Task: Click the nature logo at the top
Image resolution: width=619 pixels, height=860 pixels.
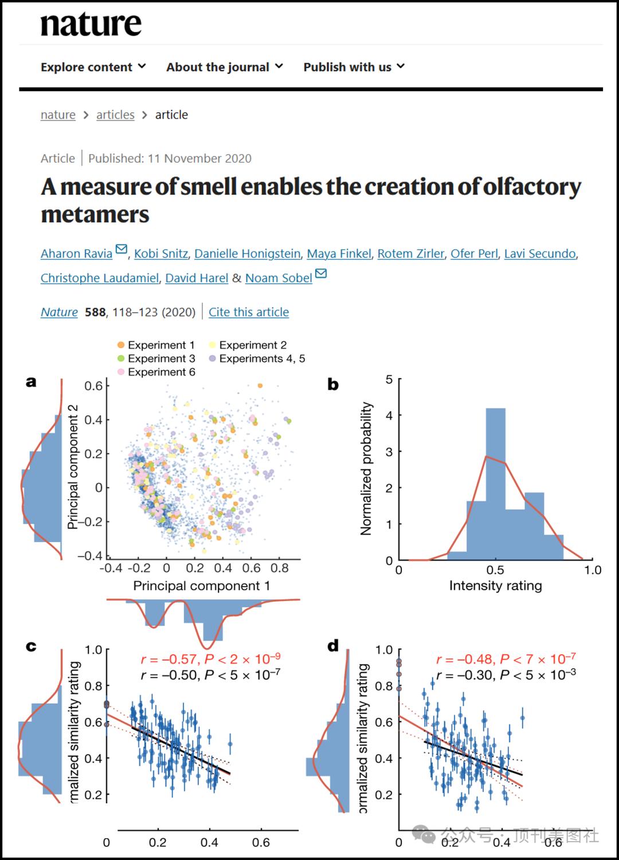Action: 91,24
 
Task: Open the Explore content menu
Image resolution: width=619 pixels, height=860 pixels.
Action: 93,67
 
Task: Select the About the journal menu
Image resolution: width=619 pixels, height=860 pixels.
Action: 225,67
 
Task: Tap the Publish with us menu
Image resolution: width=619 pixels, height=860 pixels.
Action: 354,67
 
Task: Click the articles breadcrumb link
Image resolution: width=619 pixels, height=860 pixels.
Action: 115,115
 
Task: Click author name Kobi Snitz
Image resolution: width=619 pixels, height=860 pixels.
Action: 161,253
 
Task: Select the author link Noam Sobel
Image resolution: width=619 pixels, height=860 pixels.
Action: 279,278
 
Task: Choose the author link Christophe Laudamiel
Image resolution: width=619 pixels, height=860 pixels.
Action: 100,278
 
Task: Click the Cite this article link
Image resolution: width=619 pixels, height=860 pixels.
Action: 249,312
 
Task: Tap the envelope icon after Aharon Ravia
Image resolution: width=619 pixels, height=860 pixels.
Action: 122,249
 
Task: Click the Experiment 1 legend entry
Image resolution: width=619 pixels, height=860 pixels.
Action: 156,345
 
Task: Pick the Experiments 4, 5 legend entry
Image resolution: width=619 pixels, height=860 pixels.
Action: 257,359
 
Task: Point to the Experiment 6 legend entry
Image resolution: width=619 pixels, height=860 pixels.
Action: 156,372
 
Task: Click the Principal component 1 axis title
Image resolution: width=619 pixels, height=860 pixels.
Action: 201,586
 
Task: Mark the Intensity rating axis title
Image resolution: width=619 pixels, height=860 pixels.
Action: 495,586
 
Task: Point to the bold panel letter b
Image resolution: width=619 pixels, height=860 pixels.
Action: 333,384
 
